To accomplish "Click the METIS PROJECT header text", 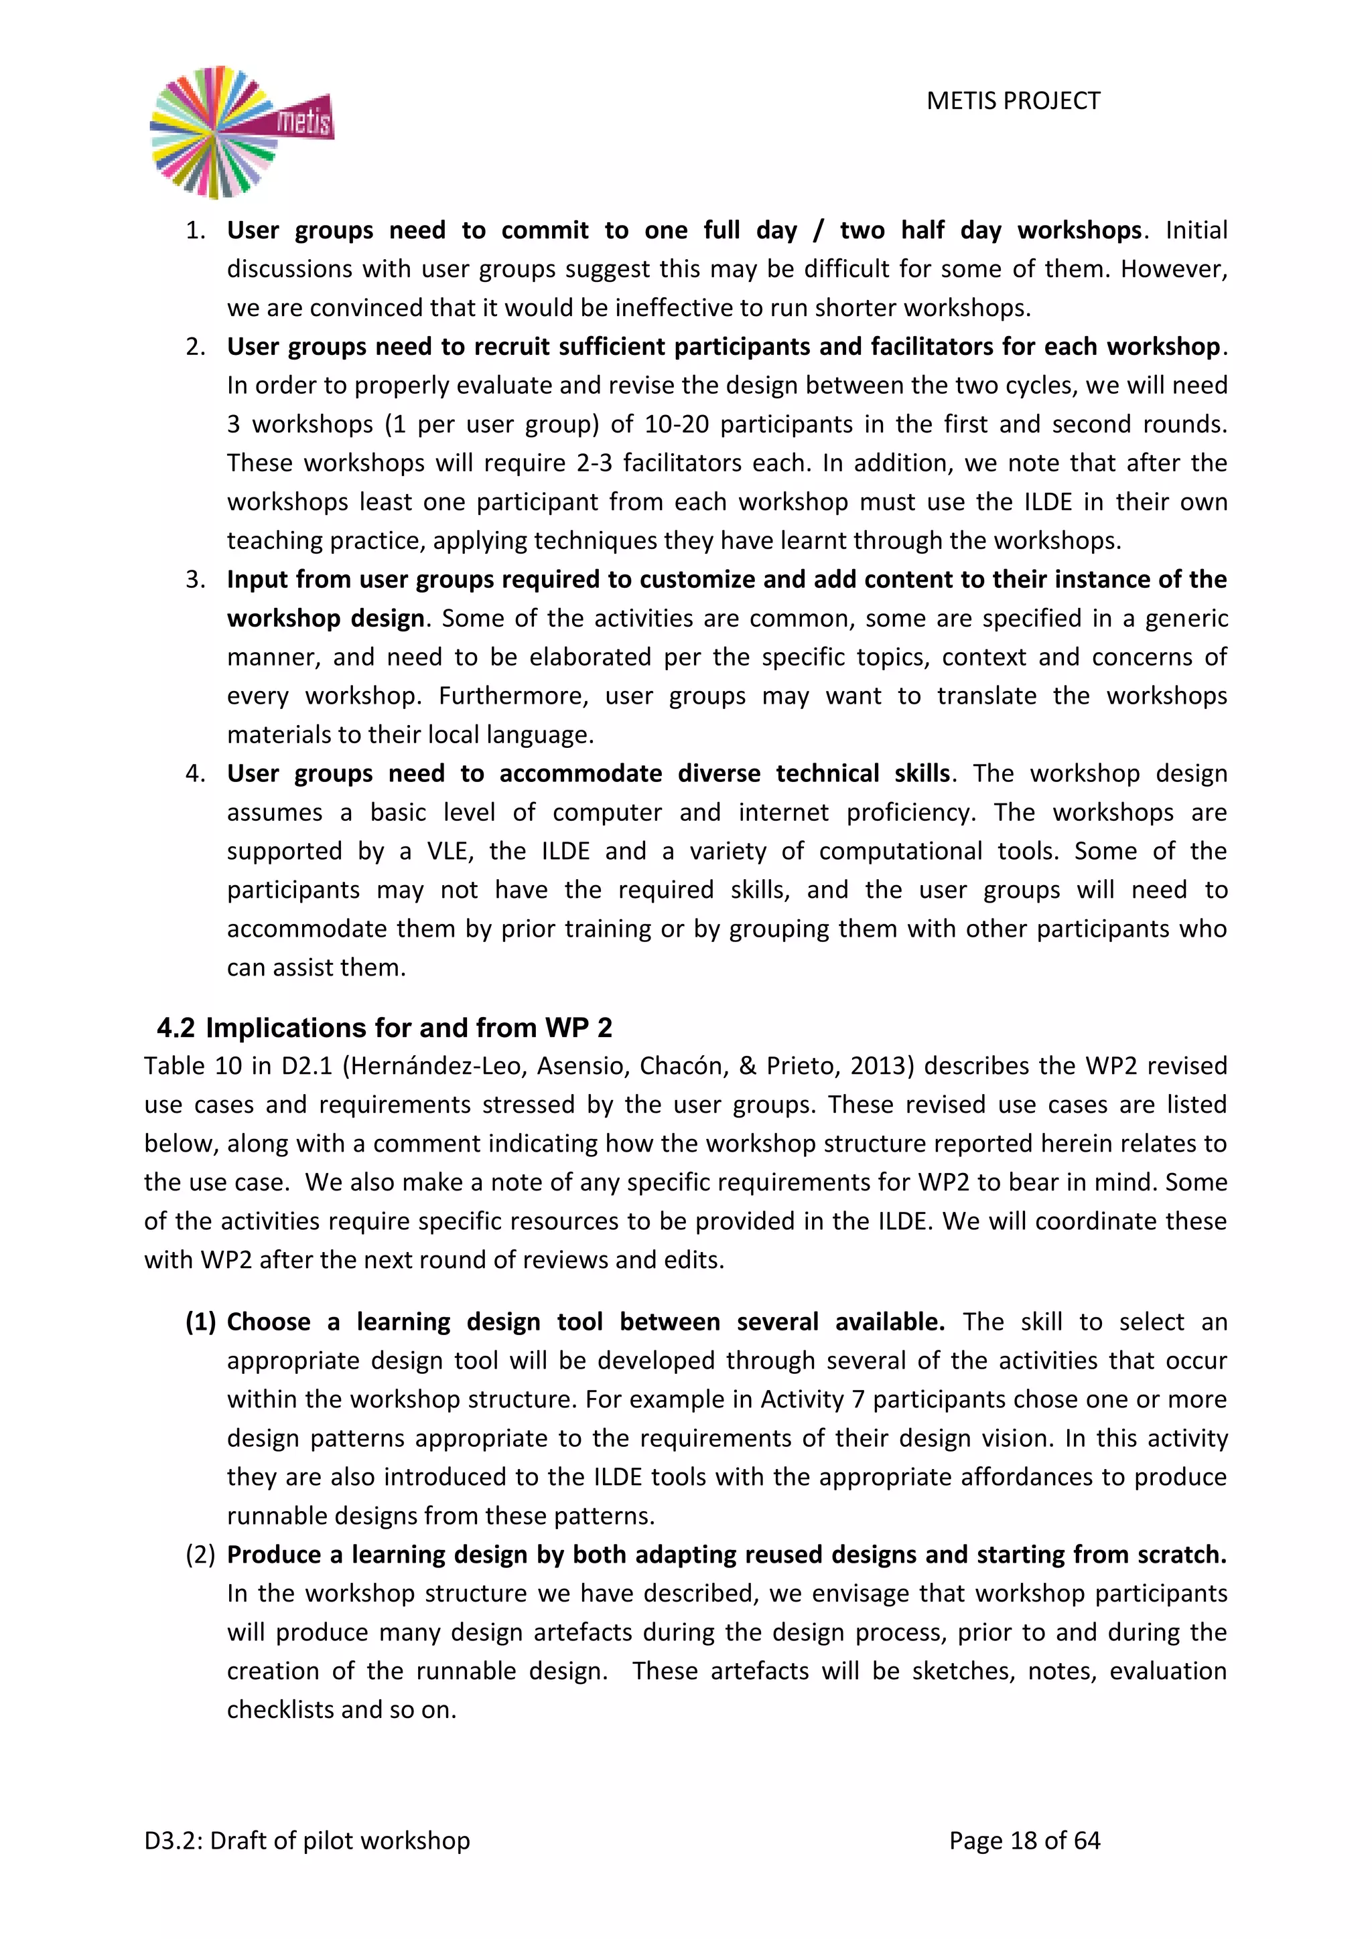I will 1013,101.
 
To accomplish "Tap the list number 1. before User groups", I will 195,230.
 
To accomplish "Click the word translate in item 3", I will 987,696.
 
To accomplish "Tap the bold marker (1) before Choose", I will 200,1322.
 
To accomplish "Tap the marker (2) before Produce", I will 200,1555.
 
